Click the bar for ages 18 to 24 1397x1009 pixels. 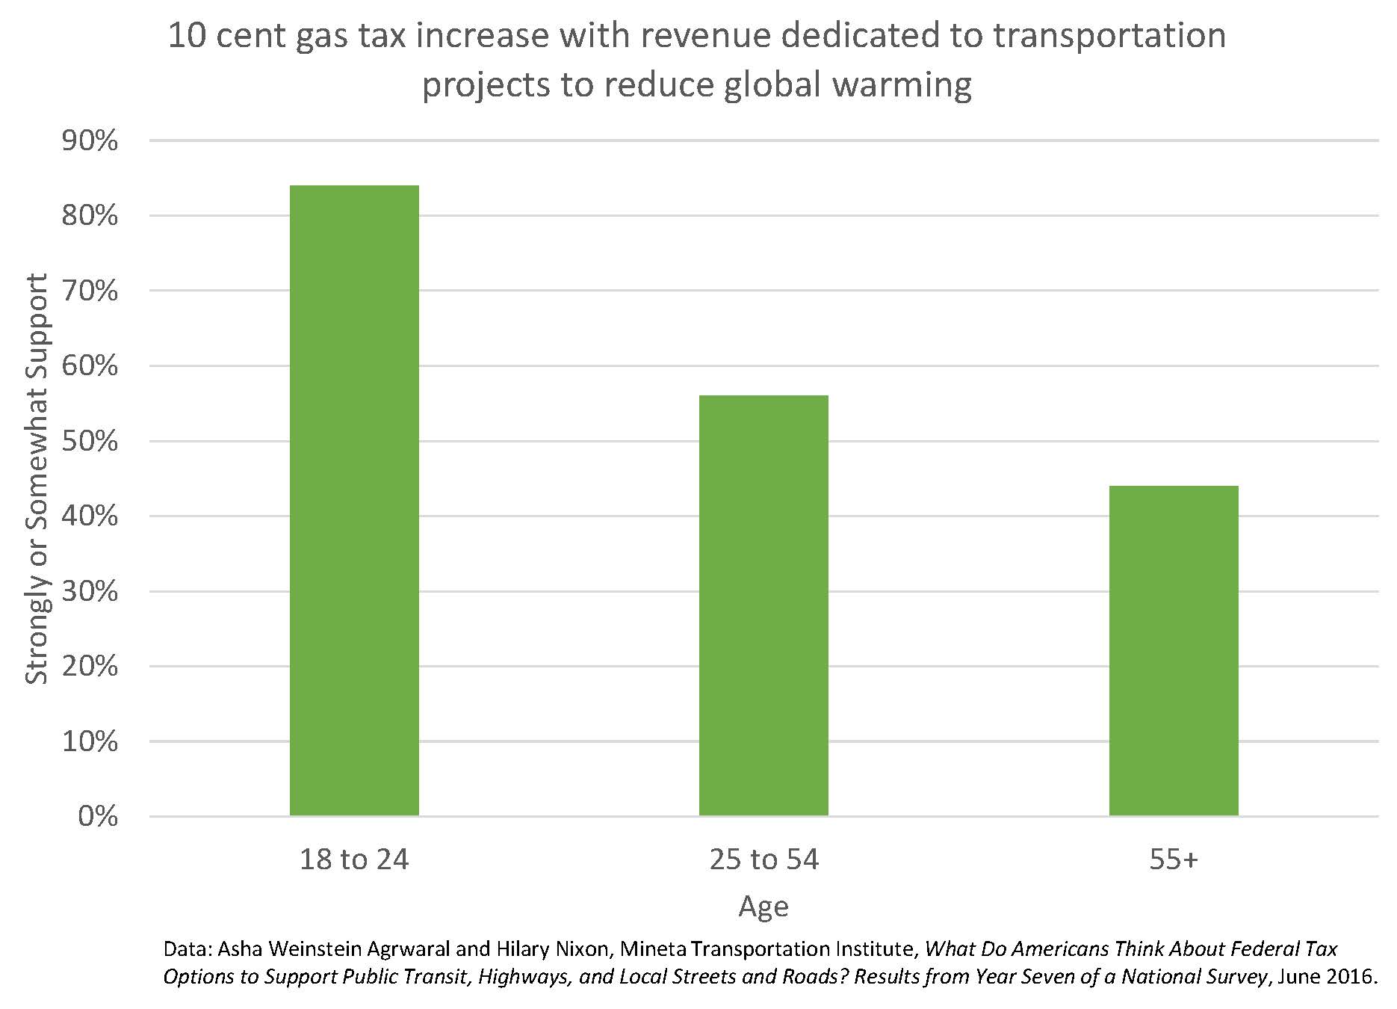[354, 500]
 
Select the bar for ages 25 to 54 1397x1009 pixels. [763, 605]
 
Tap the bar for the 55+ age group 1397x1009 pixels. [1174, 650]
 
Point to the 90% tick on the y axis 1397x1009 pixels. [90, 141]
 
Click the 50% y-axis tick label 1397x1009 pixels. [90, 441]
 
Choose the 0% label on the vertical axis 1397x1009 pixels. [98, 816]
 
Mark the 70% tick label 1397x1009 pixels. [90, 291]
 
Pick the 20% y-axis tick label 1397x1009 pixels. [90, 666]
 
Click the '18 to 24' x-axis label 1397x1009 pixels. [354, 860]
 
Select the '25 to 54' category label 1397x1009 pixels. [763, 860]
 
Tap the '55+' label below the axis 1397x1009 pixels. [1174, 860]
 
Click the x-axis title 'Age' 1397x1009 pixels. [763, 907]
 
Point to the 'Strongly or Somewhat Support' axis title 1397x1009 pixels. [37, 478]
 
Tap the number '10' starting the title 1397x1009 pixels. [186, 36]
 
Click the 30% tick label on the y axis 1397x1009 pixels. [90, 591]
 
